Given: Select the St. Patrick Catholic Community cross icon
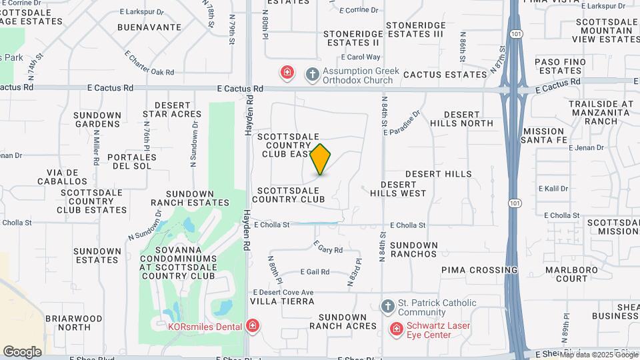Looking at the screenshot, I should pyautogui.click(x=387, y=307).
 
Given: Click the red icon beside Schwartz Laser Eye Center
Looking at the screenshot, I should pyautogui.click(x=396, y=329).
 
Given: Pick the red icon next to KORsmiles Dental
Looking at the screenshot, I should pyautogui.click(x=253, y=326).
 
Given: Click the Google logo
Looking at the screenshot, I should pyautogui.click(x=22, y=352).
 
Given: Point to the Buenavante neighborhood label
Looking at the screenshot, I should pyautogui.click(x=149, y=27).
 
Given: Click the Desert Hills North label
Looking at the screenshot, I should pyautogui.click(x=461, y=119).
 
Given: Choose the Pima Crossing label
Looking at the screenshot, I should pyautogui.click(x=479, y=270).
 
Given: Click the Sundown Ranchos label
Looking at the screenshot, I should pyautogui.click(x=413, y=249).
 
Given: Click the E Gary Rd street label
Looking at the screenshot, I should pyautogui.click(x=327, y=249).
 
